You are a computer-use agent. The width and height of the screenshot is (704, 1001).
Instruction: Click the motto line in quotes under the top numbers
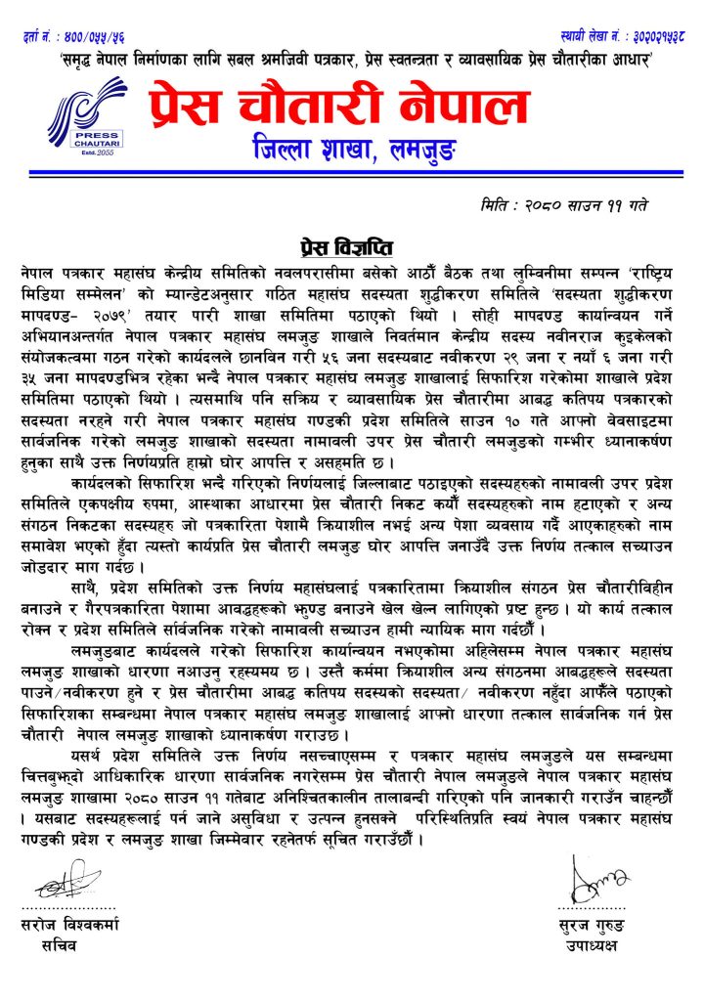point(356,61)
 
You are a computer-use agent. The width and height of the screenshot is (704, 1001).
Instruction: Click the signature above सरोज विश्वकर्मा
point(70,884)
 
